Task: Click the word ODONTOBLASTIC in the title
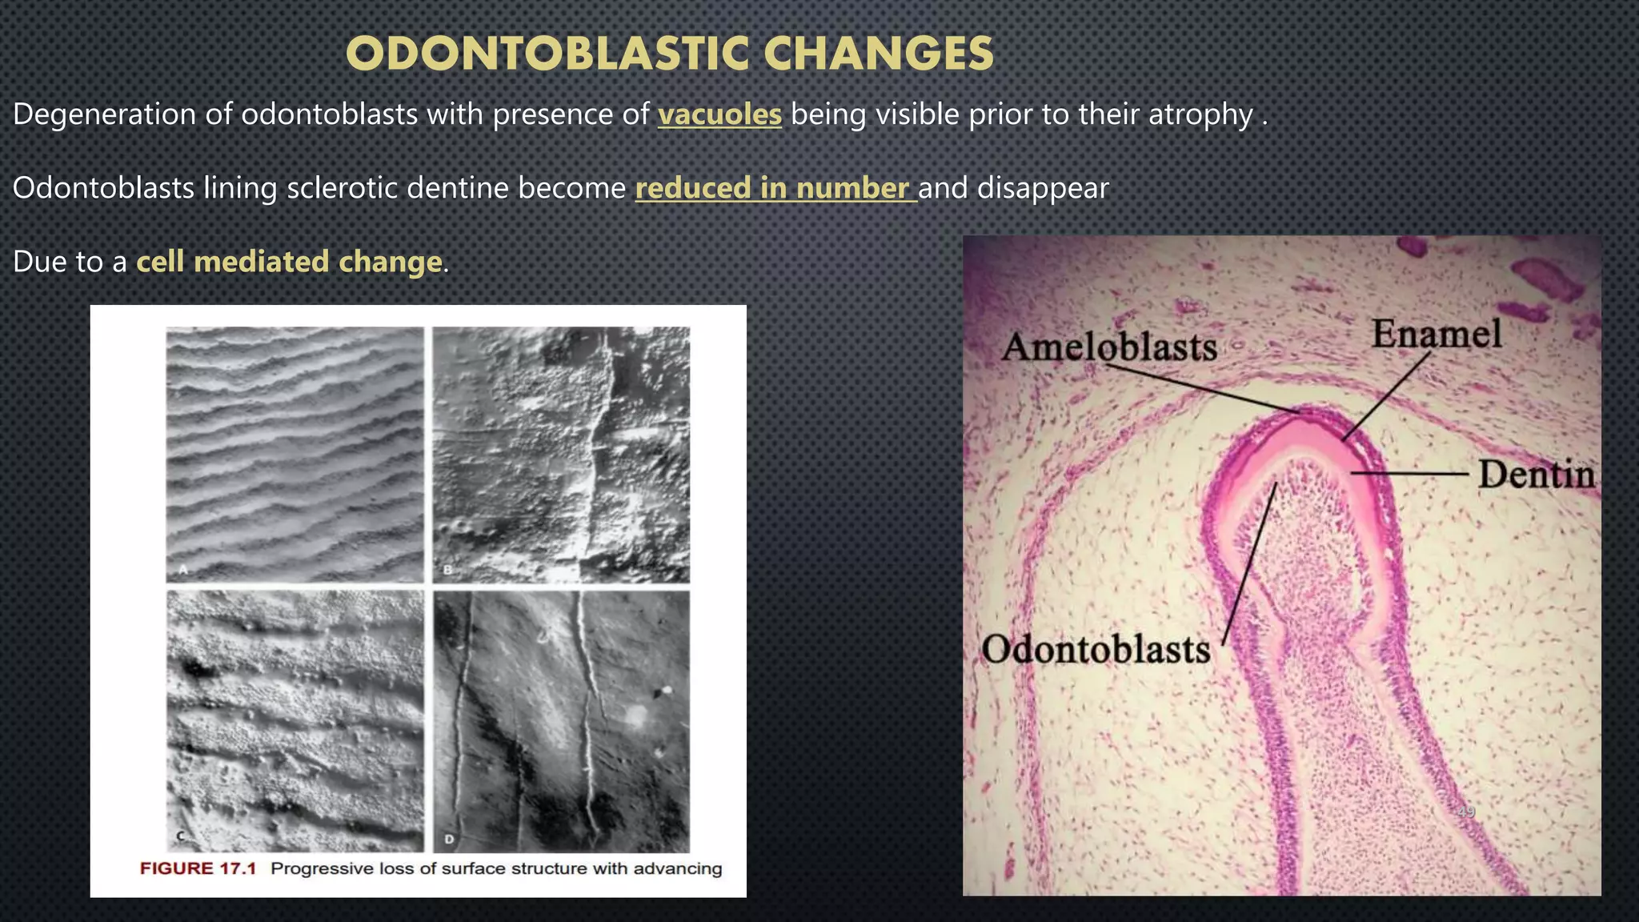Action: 547,55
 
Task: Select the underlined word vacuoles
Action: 719,114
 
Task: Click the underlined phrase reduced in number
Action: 775,188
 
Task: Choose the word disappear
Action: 1043,188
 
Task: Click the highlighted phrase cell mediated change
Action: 289,262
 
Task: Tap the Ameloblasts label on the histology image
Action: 1109,347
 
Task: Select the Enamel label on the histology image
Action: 1437,334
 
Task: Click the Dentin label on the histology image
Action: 1536,475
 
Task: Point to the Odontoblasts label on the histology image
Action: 1096,649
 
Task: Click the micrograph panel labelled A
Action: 295,454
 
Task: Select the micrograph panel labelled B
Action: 561,454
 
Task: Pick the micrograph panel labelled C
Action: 295,720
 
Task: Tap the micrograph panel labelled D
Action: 561,720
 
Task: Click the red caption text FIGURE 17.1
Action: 198,869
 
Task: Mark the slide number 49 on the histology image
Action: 1465,812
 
